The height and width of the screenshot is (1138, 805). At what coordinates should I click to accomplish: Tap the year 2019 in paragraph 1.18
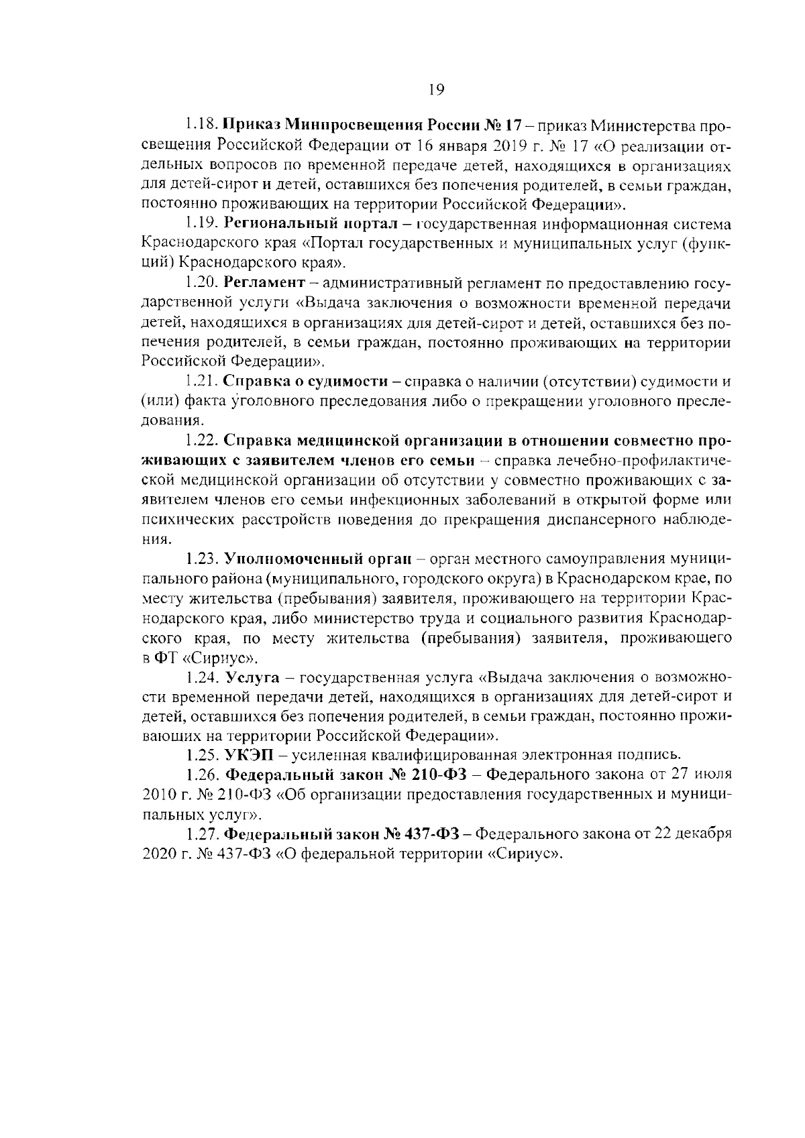496,145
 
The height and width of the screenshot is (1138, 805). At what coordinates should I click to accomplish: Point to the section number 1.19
202,223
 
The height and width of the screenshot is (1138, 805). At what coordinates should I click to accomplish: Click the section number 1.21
201,382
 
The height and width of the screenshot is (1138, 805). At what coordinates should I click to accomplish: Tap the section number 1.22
202,441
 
